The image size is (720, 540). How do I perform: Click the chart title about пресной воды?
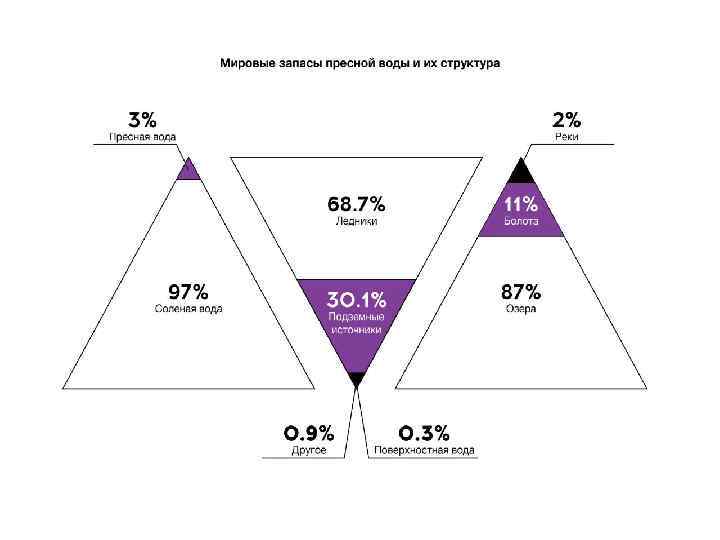[x=360, y=63]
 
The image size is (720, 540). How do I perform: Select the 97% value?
[x=188, y=292]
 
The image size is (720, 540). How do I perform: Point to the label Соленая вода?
[x=188, y=309]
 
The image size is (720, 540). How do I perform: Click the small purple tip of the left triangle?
[x=188, y=171]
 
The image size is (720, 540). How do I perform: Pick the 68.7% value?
[x=356, y=204]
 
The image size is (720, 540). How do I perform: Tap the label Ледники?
[x=356, y=221]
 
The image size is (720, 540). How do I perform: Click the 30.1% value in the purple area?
[x=356, y=299]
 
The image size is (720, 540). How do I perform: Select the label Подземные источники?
[x=356, y=324]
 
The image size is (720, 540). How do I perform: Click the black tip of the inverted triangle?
[x=356, y=378]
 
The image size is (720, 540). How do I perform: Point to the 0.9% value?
[x=309, y=433]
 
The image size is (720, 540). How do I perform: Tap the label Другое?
[x=309, y=451]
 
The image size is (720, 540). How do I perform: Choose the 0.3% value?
[x=424, y=433]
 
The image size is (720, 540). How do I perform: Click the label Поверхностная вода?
[x=425, y=451]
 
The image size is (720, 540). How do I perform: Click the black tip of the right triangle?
[x=521, y=171]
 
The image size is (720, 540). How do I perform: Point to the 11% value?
[x=520, y=203]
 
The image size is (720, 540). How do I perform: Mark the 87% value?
[x=520, y=292]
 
